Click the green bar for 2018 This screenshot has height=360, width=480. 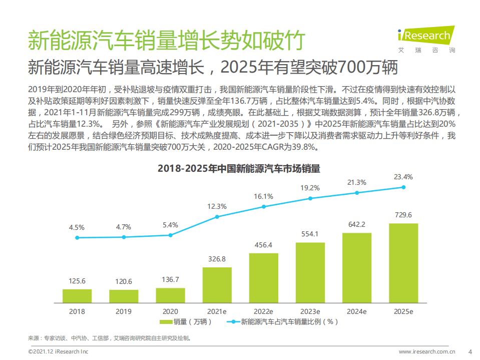77,296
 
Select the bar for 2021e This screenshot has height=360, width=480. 217,285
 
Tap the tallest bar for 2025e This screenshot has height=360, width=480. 403,263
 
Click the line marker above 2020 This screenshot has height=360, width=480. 170,235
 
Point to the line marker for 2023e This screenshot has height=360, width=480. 310,198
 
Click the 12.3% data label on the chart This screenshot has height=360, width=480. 217,206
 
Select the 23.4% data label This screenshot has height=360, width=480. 403,177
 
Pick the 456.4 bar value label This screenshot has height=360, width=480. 263,245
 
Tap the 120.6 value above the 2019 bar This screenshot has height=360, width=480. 124,281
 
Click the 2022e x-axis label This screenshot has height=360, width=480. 263,311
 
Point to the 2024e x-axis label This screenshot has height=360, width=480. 356,311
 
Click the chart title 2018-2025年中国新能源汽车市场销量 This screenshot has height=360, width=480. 239,169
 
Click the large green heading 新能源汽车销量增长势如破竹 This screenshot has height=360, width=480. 165,40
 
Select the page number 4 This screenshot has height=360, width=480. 469,351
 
